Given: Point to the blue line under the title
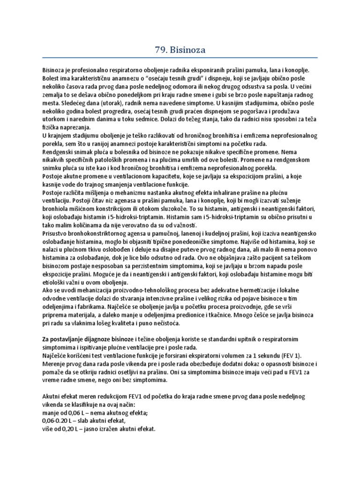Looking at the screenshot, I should click(x=180, y=58).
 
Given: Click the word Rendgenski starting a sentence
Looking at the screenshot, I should click(x=59, y=152).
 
